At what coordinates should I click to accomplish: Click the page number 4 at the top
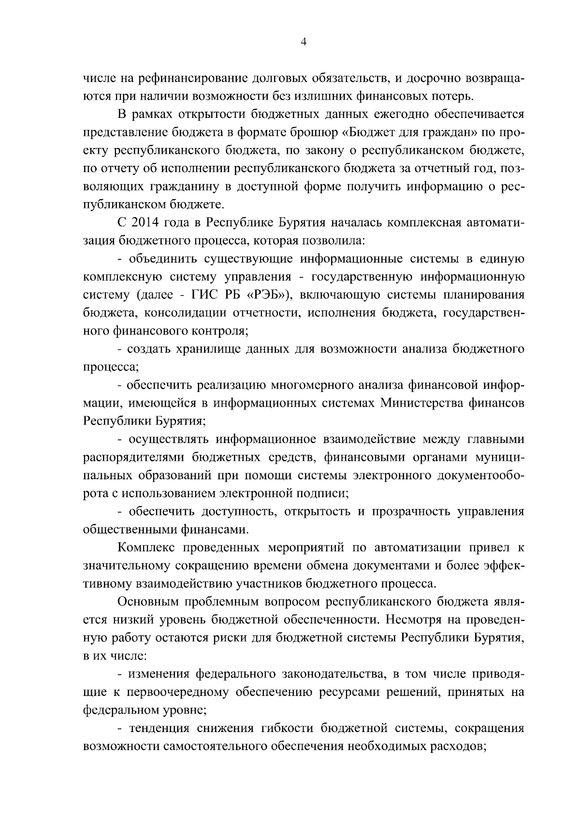(x=304, y=42)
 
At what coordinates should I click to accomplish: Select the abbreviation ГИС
(x=209, y=295)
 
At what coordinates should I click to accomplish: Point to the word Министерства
(x=420, y=403)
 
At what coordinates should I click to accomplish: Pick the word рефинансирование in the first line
(x=193, y=78)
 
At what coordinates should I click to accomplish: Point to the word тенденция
(x=158, y=728)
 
